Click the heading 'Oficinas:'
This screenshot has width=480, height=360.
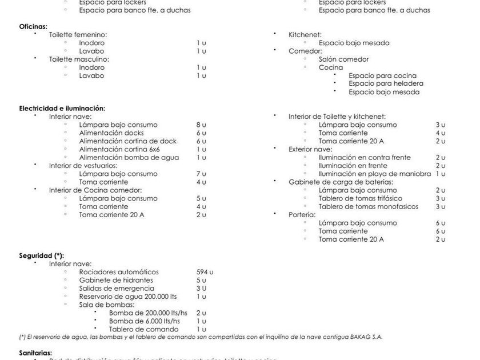[x=33, y=26]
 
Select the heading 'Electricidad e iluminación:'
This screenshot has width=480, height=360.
[x=62, y=108]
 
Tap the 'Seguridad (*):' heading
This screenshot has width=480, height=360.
[x=41, y=255]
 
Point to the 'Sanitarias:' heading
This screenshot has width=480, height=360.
[x=35, y=353]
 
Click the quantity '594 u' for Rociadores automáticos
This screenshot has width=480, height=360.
[x=205, y=272]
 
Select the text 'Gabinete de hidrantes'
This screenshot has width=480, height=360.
[x=116, y=280]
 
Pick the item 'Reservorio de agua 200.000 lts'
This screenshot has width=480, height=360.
[x=128, y=297]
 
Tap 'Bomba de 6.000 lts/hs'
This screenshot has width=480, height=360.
[x=144, y=321]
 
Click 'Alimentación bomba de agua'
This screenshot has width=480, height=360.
[x=129, y=157]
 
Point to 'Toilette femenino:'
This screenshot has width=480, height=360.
[x=78, y=35]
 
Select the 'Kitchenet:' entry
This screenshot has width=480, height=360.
[x=305, y=35]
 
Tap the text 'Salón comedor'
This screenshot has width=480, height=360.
[x=343, y=59]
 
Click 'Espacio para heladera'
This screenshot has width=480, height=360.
[x=386, y=83]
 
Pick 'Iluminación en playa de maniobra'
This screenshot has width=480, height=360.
[x=375, y=174]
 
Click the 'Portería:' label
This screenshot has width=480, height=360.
[x=302, y=215]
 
